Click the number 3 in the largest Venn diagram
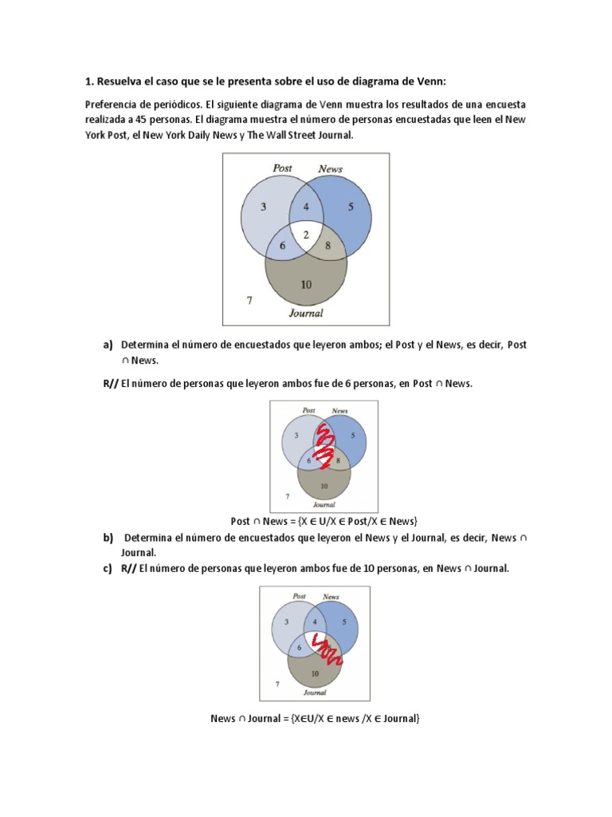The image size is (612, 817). (264, 207)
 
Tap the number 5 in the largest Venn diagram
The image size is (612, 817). (351, 207)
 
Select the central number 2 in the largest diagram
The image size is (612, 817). (306, 235)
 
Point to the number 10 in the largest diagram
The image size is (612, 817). (306, 284)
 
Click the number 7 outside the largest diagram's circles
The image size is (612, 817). (249, 301)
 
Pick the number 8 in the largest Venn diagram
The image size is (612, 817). (328, 247)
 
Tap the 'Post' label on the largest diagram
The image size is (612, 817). (282, 168)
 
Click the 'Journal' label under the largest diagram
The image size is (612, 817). (306, 313)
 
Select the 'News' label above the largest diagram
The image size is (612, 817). (330, 169)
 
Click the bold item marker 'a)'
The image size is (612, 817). (108, 345)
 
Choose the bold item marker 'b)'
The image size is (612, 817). (108, 538)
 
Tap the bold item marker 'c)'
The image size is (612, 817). (108, 569)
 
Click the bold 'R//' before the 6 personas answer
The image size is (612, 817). (110, 384)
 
